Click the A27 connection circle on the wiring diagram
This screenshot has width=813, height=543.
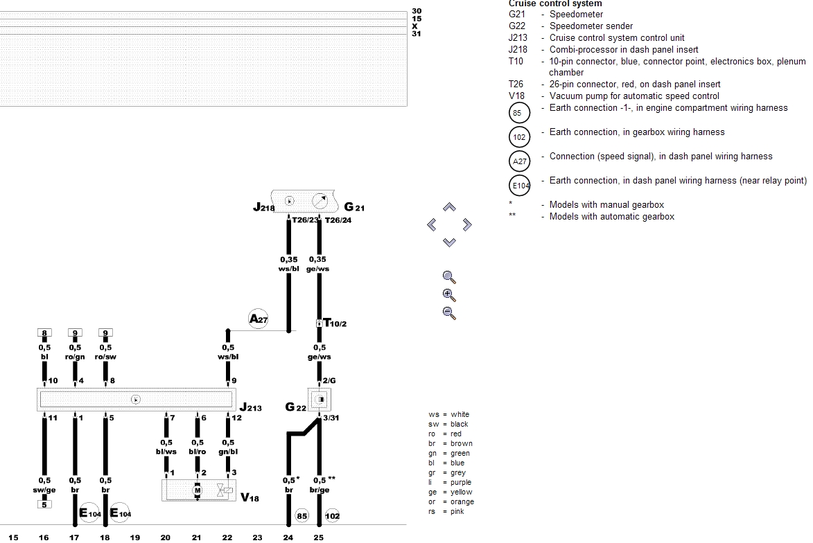click(x=258, y=319)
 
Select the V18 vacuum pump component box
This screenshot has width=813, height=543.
click(x=198, y=490)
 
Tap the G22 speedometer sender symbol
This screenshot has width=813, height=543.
click(x=320, y=400)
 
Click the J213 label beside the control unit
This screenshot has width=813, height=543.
click(x=250, y=407)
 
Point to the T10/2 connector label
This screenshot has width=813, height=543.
click(x=335, y=323)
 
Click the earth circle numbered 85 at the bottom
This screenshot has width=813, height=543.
click(x=301, y=516)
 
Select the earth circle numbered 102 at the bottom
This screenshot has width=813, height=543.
click(x=332, y=516)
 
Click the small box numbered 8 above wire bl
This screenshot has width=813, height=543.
click(x=44, y=333)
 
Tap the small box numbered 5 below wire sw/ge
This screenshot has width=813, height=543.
click(x=44, y=504)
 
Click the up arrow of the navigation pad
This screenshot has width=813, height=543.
click(x=449, y=207)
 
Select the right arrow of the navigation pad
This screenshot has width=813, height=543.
click(x=467, y=224)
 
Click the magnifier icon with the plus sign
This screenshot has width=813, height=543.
click(x=449, y=295)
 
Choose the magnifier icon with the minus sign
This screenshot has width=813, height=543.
click(x=449, y=313)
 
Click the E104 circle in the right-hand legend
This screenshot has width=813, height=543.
click(x=519, y=185)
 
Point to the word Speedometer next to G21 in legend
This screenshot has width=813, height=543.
click(x=576, y=15)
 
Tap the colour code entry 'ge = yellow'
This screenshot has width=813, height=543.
click(x=450, y=492)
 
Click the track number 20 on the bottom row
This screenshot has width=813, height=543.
click(x=166, y=537)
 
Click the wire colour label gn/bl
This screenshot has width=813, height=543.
click(x=227, y=452)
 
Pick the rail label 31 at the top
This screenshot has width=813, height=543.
click(x=416, y=34)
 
